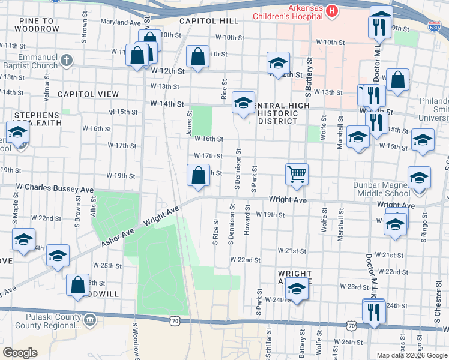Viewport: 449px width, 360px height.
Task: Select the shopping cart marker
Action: [x=297, y=175]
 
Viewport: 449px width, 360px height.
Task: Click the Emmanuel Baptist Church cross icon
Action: [x=67, y=60]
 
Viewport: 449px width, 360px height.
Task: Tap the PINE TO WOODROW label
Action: [x=40, y=25]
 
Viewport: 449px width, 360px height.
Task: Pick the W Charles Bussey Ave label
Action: [x=55, y=189]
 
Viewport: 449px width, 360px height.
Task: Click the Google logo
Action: [x=20, y=353]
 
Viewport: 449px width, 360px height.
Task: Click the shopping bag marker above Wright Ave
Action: [x=199, y=176]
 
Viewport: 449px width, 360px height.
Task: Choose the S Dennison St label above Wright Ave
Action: [x=238, y=170]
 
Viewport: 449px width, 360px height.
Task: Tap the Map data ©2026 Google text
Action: [x=411, y=355]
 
